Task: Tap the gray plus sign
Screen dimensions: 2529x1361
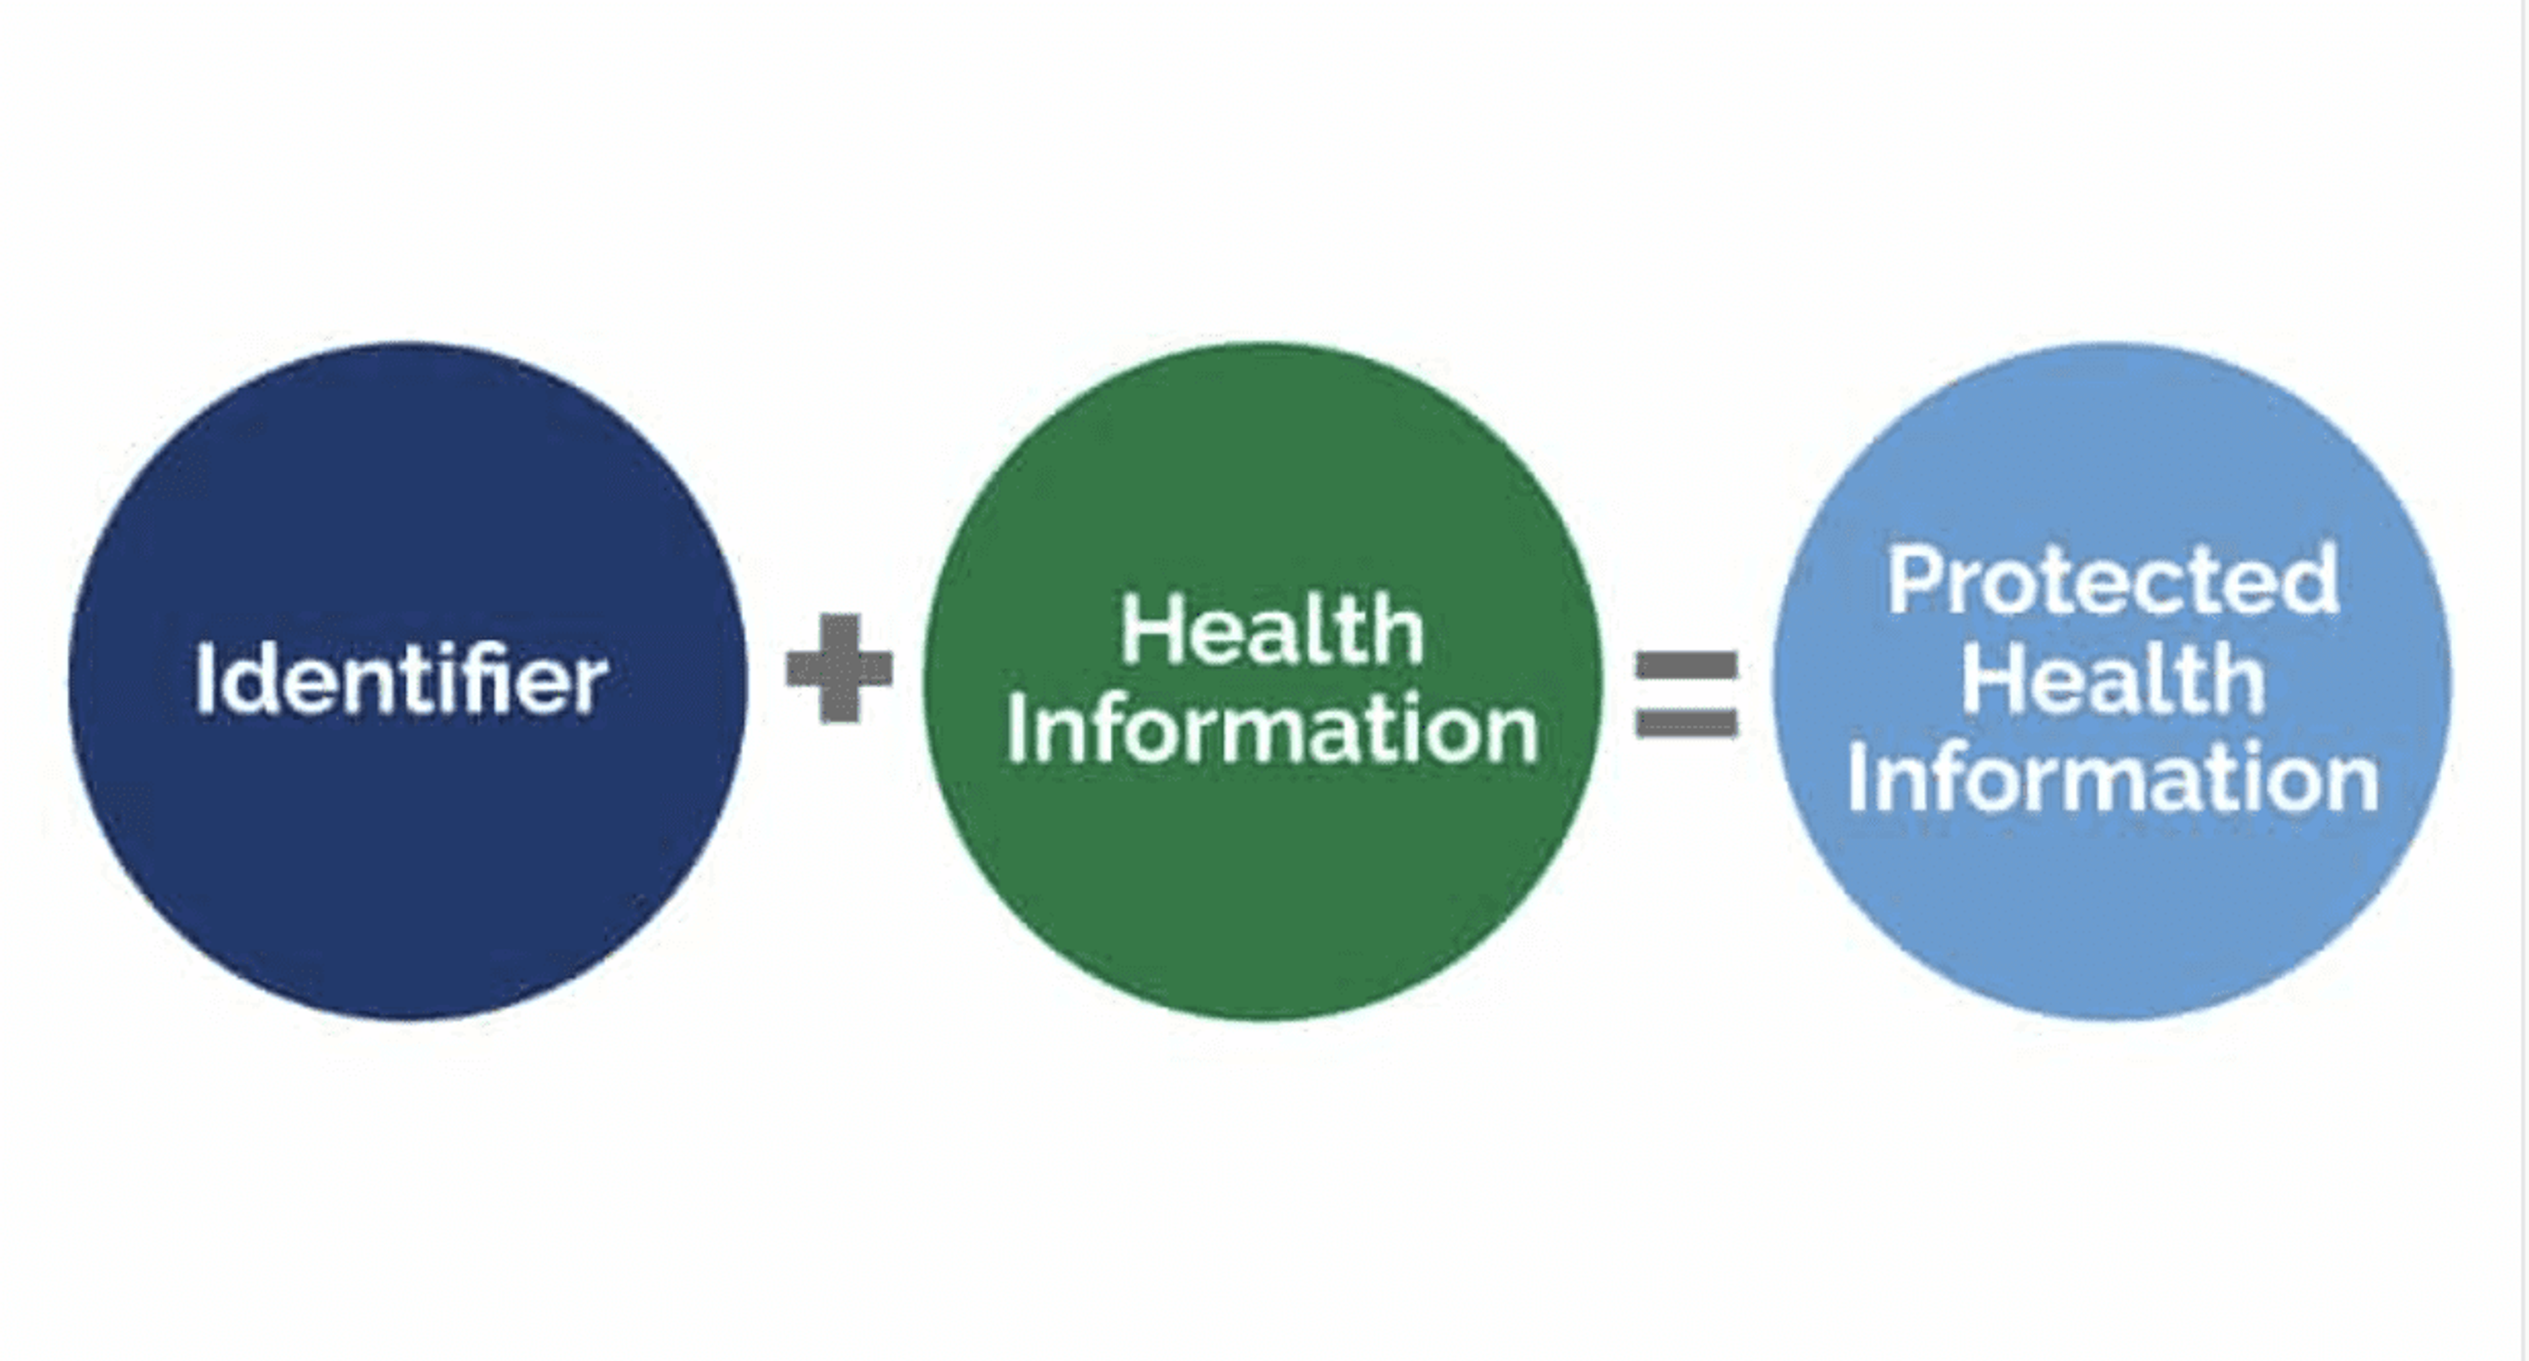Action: point(840,668)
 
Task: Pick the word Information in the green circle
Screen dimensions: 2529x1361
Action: point(1272,729)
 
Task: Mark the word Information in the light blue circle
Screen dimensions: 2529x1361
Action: point(2113,778)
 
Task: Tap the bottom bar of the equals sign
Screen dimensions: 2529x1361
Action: point(1686,724)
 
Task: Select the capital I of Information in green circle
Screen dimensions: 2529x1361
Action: point(1016,729)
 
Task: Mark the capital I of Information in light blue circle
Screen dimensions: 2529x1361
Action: point(1857,778)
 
